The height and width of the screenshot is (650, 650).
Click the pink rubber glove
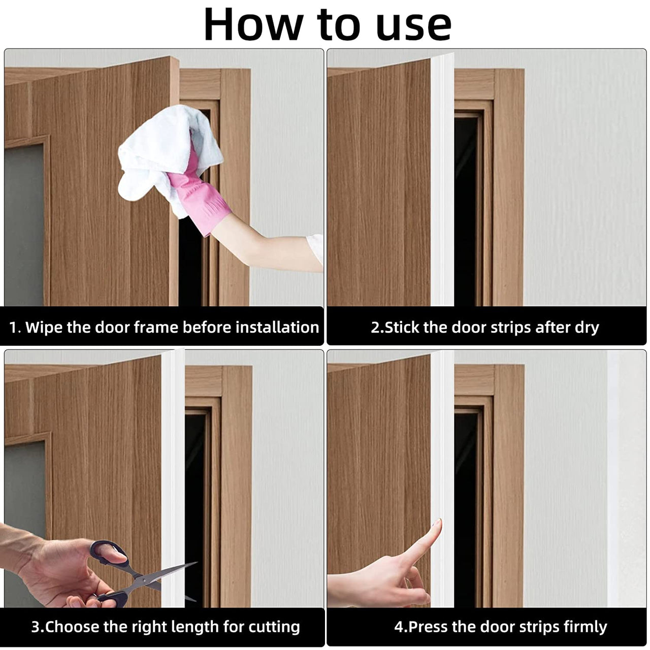coord(199,192)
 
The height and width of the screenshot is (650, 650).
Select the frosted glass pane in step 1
coord(24,225)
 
